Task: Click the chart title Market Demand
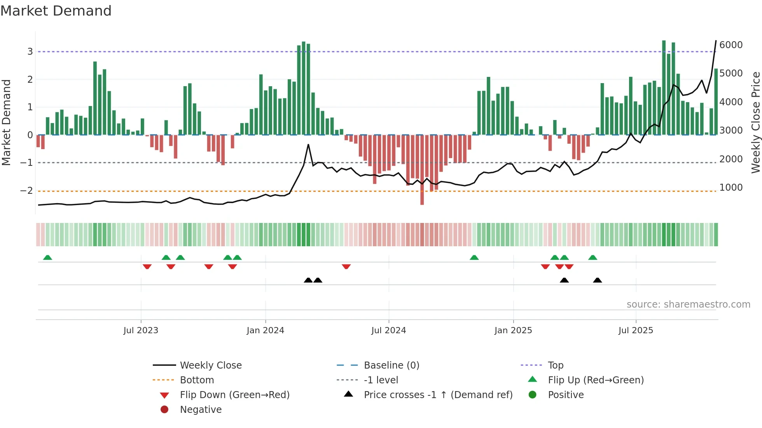click(56, 11)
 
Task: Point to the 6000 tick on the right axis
click(731, 45)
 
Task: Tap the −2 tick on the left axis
click(26, 191)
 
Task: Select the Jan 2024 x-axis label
click(265, 331)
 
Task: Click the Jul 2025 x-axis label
click(636, 331)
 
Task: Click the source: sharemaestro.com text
click(688, 304)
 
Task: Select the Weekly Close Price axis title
click(755, 122)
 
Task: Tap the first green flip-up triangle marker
click(47, 257)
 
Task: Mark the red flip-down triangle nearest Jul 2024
click(346, 266)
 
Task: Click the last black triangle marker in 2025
click(598, 280)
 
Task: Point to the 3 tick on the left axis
click(30, 52)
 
